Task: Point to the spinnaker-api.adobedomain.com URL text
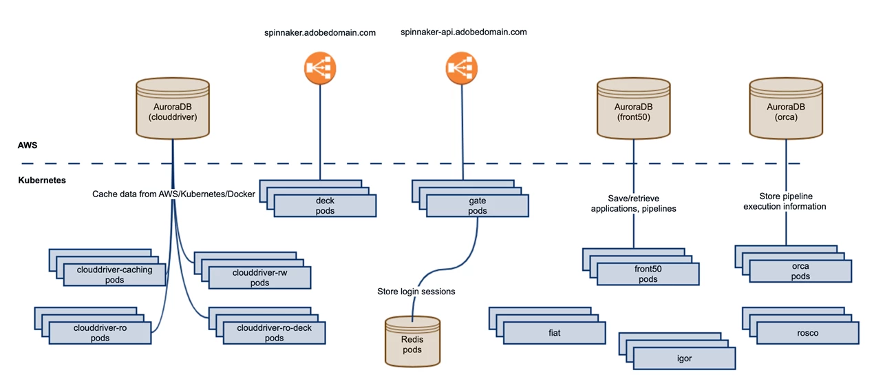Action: click(463, 32)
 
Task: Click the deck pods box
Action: click(325, 205)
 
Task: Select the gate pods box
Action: click(477, 205)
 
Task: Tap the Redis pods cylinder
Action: click(412, 341)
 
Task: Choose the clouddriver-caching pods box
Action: click(114, 275)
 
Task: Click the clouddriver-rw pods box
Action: click(259, 277)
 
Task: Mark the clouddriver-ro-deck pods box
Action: click(274, 333)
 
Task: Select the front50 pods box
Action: click(648, 274)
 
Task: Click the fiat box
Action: click(555, 333)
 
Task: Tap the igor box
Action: click(684, 358)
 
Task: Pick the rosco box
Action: click(807, 333)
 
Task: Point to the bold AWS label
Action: click(28, 146)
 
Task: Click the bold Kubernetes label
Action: click(42, 180)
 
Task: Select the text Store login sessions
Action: click(416, 292)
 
